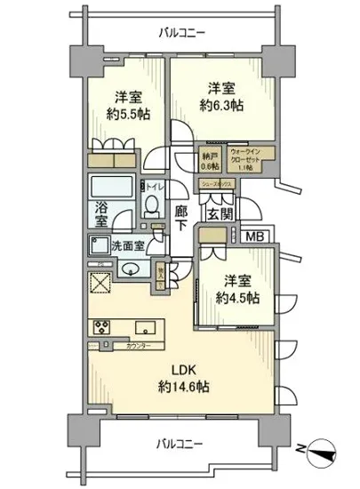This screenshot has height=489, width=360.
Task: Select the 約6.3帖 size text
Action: coord(220,105)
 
